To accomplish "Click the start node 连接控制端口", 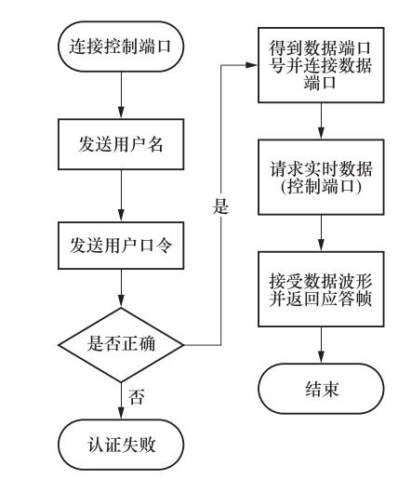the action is pos(121,47).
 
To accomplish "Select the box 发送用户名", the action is pos(121,144).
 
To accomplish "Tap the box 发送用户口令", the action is pos(121,246).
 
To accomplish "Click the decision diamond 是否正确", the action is pos(121,345).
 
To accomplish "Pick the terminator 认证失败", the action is pos(121,445).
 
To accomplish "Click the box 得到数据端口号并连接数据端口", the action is pos(321,65).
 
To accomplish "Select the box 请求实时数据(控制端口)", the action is pos(321,177).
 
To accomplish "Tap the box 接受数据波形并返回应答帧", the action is pos(321,289).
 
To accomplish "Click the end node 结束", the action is pos(321,389).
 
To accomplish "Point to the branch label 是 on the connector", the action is pos(220,206).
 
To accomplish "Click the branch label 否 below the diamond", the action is pos(137,396).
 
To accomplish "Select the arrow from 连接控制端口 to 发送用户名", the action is pos(121,95).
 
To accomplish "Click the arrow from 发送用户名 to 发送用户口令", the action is pos(121,195).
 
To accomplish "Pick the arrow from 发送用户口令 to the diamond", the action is pos(121,288).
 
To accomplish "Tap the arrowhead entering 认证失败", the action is pos(121,413).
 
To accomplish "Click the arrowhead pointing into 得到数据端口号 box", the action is pos(251,65).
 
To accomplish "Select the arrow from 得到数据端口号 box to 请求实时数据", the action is pos(322,121).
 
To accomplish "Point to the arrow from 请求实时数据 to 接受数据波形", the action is pos(322,233).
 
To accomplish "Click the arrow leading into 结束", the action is pos(322,345).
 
